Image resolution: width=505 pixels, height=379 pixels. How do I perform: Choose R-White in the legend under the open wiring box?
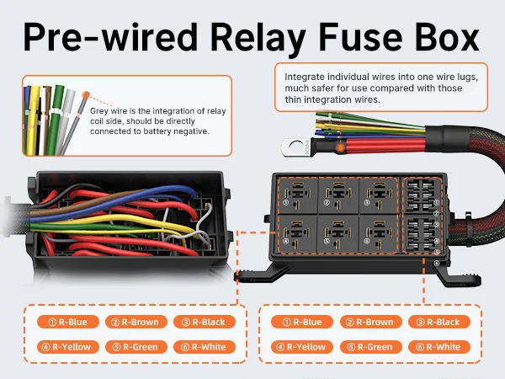click(x=205, y=346)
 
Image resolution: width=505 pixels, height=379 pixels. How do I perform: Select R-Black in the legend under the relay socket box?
click(x=437, y=322)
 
